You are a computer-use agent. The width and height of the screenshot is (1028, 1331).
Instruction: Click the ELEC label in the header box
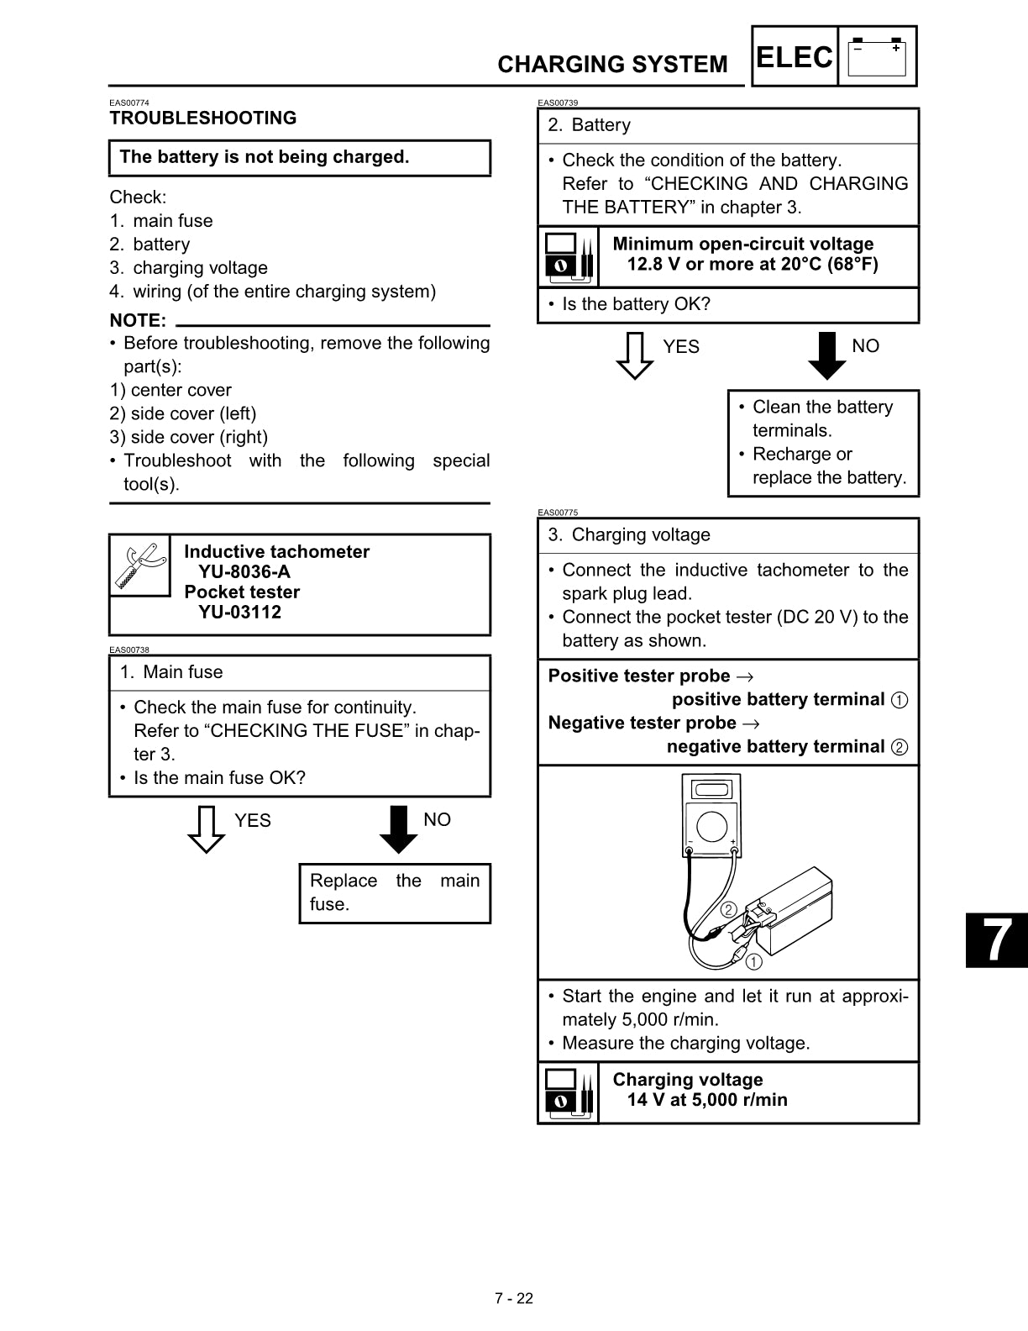coord(794,57)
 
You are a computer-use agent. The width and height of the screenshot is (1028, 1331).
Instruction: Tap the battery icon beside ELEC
coord(877,57)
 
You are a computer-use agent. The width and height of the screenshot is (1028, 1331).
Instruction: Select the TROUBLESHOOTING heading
coord(202,118)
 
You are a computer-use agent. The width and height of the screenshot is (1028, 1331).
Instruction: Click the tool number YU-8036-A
coord(244,572)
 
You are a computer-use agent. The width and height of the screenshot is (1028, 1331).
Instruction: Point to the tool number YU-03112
coord(240,613)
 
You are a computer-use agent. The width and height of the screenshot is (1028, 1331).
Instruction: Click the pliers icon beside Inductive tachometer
coord(139,566)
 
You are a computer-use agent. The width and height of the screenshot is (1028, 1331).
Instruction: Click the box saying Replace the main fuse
coord(395,893)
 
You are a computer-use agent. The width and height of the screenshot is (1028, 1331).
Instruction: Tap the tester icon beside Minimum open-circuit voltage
coord(569,257)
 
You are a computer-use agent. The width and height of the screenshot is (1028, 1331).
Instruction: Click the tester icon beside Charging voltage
coord(569,1092)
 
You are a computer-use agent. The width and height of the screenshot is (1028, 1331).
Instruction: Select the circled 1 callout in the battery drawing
coord(753,962)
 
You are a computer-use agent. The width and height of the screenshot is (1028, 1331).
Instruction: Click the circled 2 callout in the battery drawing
coord(728,910)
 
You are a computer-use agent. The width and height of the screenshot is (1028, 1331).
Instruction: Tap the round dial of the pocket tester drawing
coord(711,826)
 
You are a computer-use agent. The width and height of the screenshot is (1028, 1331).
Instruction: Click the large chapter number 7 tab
coord(997,940)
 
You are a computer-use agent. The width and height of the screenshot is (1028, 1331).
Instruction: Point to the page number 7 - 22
coord(514,1298)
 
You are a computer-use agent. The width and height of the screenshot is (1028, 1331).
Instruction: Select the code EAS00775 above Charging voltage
coord(558,513)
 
